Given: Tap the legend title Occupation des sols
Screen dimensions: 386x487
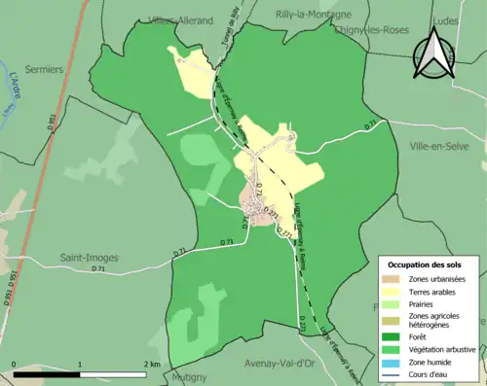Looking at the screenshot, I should [425, 264].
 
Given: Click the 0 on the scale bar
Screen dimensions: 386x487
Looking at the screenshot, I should [15, 365].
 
